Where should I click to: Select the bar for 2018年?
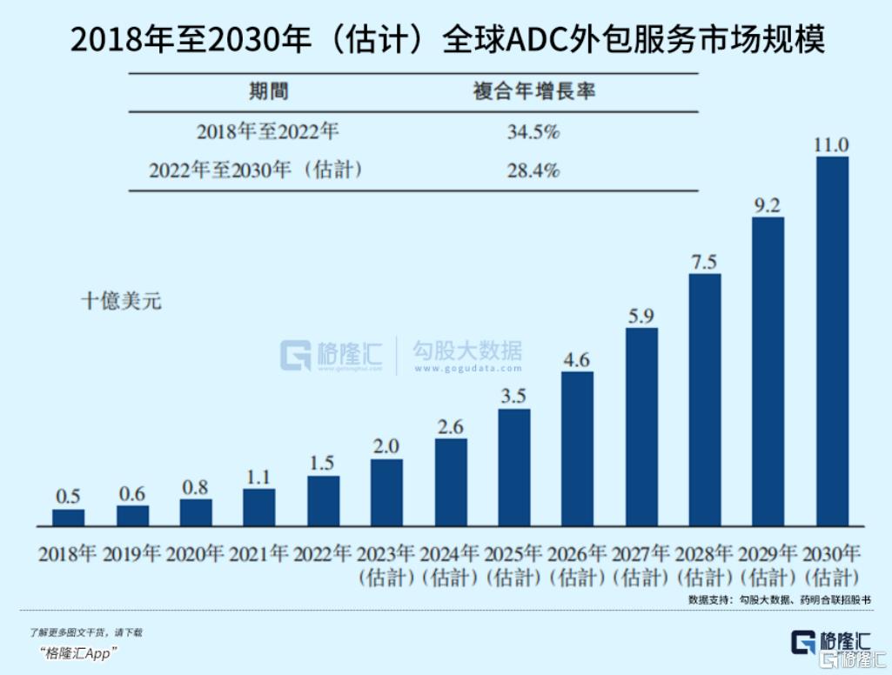point(69,518)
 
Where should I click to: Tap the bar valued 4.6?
point(577,449)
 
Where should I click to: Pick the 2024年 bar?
point(451,482)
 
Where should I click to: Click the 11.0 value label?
point(831,144)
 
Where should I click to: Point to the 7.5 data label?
point(704,262)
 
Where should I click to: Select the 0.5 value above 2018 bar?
point(69,497)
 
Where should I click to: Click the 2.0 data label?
point(386,446)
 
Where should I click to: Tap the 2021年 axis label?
point(259,553)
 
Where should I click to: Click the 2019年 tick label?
point(132,553)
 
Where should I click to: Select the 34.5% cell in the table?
point(533,133)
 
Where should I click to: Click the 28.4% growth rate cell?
point(533,170)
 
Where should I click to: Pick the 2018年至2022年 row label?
point(267,133)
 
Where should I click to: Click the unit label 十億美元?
point(121,302)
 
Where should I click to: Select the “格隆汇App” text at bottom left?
point(77,653)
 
